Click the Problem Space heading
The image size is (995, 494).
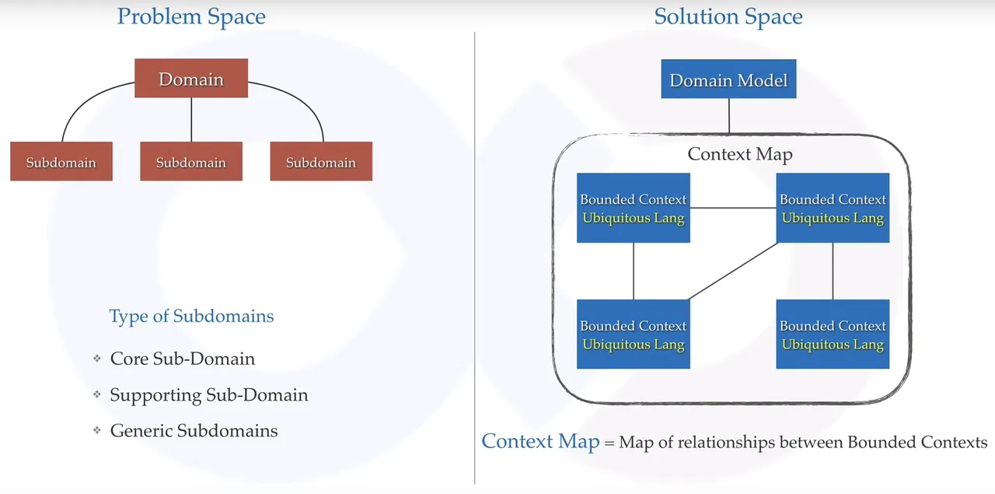point(191,17)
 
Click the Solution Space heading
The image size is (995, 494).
point(728,17)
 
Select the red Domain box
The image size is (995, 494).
point(191,79)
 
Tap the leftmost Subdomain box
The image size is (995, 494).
point(61,161)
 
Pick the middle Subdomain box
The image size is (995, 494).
point(191,161)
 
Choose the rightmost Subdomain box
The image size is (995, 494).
point(321,161)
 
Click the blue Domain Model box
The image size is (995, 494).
point(728,79)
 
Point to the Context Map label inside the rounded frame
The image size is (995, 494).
point(740,154)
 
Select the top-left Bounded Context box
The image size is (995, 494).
point(634,208)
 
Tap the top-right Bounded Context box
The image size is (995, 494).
point(833,208)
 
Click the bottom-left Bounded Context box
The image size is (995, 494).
point(634,334)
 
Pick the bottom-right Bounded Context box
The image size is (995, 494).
point(833,334)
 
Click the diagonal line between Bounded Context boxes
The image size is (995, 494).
point(733,272)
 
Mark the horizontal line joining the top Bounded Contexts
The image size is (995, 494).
point(733,208)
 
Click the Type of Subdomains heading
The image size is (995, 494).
point(191,317)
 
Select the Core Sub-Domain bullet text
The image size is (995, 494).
point(183,359)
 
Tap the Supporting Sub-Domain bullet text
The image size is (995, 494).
point(209,395)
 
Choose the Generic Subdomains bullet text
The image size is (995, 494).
point(194,430)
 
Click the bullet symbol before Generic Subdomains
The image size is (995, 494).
point(97,430)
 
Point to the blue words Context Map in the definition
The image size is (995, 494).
point(540,441)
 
